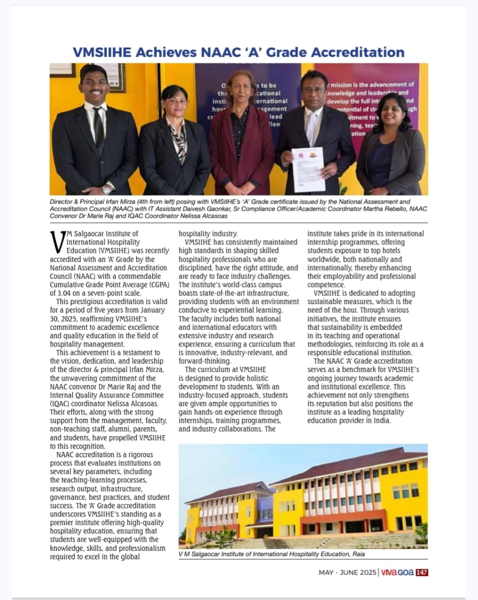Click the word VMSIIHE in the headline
coord(102,52)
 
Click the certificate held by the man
coord(308,169)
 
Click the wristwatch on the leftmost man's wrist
coord(107,190)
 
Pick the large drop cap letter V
coord(57,242)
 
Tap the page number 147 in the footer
coord(422,572)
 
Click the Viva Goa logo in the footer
coord(397,572)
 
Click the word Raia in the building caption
coord(358,554)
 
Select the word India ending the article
coord(381,420)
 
